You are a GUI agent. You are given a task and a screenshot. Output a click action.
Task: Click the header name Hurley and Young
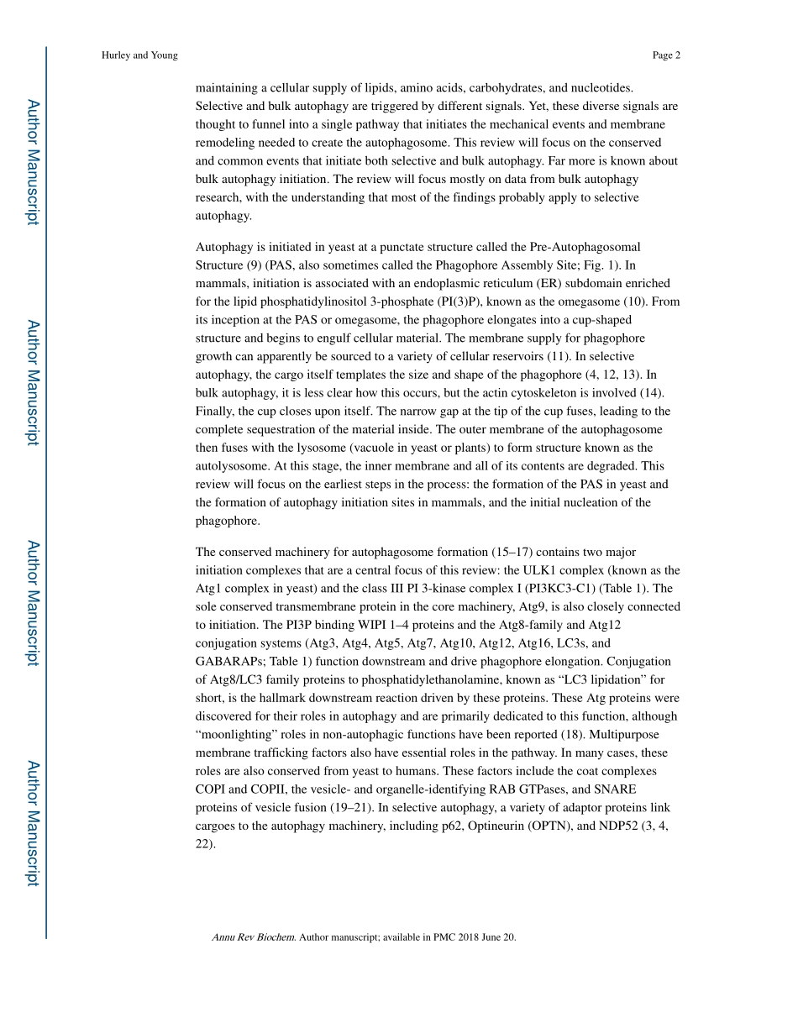[x=139, y=55]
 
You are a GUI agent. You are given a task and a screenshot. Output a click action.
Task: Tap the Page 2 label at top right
[x=666, y=55]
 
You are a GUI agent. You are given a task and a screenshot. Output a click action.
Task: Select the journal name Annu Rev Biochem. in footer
[x=254, y=937]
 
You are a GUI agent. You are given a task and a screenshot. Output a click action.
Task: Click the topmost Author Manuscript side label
[x=32, y=162]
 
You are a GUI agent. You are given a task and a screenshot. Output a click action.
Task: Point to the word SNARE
[x=617, y=789]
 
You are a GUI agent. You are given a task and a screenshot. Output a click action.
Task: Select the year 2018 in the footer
[x=471, y=937]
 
